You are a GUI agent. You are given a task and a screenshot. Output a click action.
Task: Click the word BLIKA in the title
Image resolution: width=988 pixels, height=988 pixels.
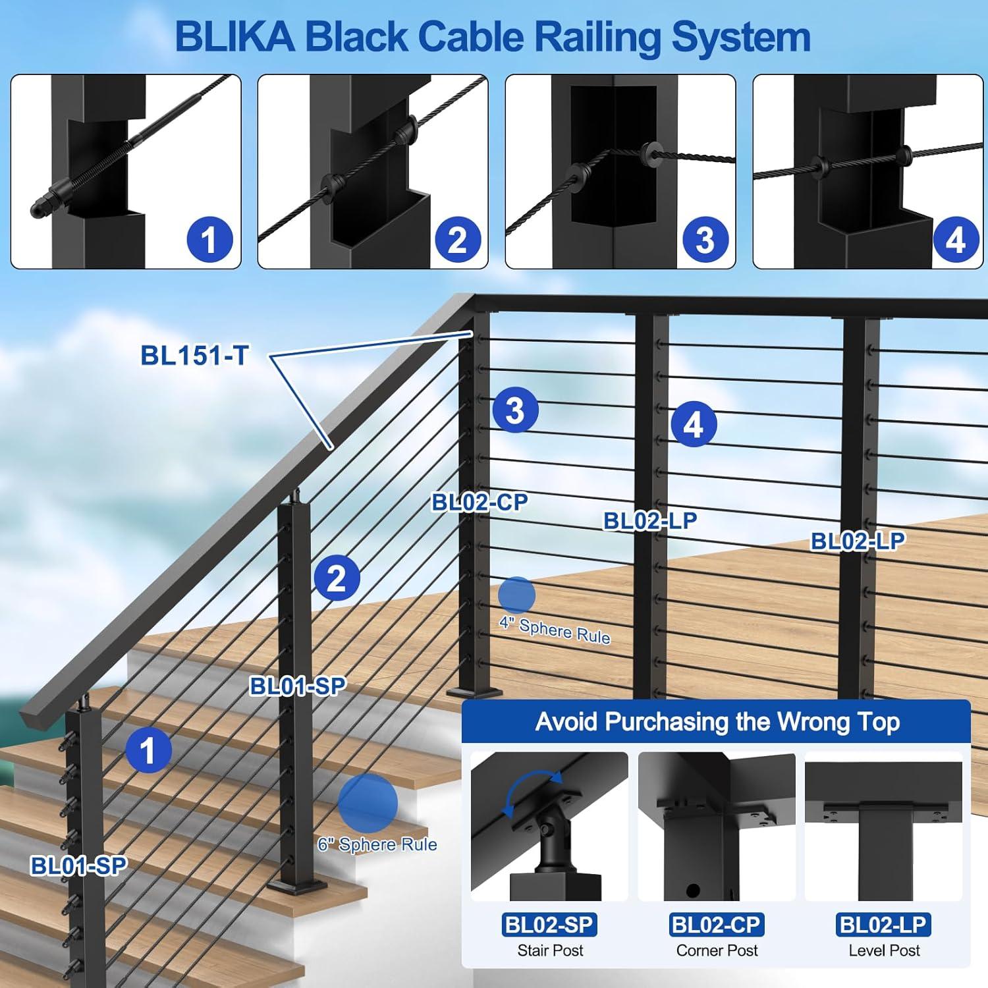pos(235,37)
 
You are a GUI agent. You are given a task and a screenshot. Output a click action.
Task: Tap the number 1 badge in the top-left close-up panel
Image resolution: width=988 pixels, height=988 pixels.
pos(209,239)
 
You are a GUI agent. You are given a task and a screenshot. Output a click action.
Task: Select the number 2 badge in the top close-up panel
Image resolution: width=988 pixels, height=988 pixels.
pos(457,239)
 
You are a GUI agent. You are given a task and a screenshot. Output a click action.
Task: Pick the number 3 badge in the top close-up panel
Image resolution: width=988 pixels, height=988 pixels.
pos(705,239)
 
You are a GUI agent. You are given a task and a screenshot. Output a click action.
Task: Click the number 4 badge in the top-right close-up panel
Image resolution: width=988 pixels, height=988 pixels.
pos(956,239)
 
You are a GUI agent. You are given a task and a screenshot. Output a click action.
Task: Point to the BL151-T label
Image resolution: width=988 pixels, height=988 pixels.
pos(194,356)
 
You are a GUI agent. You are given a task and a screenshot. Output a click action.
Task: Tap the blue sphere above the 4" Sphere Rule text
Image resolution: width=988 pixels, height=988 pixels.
pos(516,595)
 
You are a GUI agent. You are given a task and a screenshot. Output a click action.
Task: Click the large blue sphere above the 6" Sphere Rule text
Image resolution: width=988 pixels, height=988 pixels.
pos(368,802)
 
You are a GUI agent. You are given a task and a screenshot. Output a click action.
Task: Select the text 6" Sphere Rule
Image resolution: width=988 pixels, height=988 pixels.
pos(377,844)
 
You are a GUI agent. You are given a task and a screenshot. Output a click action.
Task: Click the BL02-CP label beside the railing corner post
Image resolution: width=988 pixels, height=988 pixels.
pos(480,503)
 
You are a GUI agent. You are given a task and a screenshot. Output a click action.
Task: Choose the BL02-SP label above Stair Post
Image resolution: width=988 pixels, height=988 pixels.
pos(549,925)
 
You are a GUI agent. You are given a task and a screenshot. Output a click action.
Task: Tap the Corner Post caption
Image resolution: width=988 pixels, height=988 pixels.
pos(717,950)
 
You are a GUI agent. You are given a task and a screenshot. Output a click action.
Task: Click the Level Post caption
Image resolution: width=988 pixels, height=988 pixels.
pos(884,950)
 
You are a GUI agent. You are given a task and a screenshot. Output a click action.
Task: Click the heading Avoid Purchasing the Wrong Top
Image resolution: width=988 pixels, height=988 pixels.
pos(717,722)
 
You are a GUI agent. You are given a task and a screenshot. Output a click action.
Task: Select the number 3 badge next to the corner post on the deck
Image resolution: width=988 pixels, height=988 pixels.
pos(515,410)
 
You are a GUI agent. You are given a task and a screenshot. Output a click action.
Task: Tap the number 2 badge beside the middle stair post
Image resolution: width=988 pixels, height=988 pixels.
pos(337,578)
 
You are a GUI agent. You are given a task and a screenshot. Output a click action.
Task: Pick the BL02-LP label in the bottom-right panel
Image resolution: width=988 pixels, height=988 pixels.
pos(883,925)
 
